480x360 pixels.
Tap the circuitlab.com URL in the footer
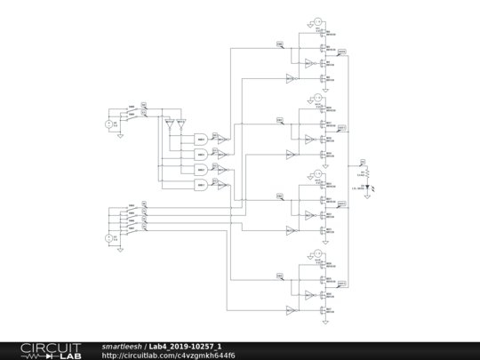[169, 356]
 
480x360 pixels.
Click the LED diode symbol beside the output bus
[365, 187]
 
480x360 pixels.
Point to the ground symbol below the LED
[365, 196]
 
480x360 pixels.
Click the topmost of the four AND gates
[202, 139]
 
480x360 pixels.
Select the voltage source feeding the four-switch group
[111, 238]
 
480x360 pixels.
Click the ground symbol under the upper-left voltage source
[118, 136]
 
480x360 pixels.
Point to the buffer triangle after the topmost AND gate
[221, 139]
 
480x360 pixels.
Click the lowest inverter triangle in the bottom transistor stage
[289, 310]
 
